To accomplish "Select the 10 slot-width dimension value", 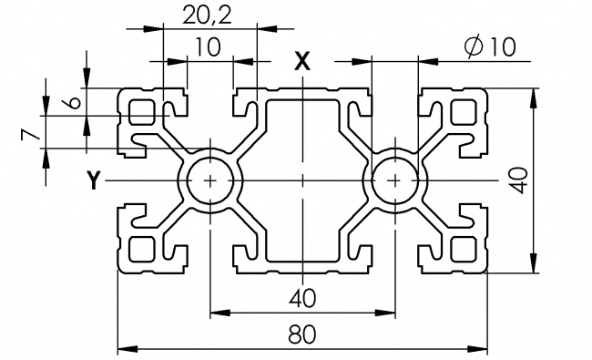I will pyautogui.click(x=208, y=47).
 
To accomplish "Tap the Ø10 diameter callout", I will pyautogui.click(x=488, y=48).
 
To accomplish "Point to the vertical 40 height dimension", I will pyautogui.click(x=518, y=180).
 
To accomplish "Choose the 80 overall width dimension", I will pyautogui.click(x=303, y=334).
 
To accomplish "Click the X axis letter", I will pyautogui.click(x=302, y=61).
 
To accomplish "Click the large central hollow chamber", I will pyautogui.click(x=303, y=180).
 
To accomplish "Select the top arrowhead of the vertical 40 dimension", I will pyautogui.click(x=534, y=94).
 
